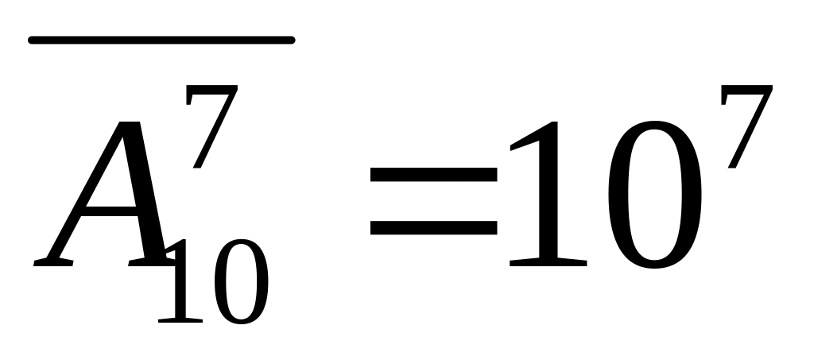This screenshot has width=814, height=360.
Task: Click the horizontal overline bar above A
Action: point(161,39)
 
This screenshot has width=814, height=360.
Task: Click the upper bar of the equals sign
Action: point(433,175)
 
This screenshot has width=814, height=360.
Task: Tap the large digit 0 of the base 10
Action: point(653,195)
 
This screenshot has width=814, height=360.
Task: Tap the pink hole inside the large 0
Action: point(653,195)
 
